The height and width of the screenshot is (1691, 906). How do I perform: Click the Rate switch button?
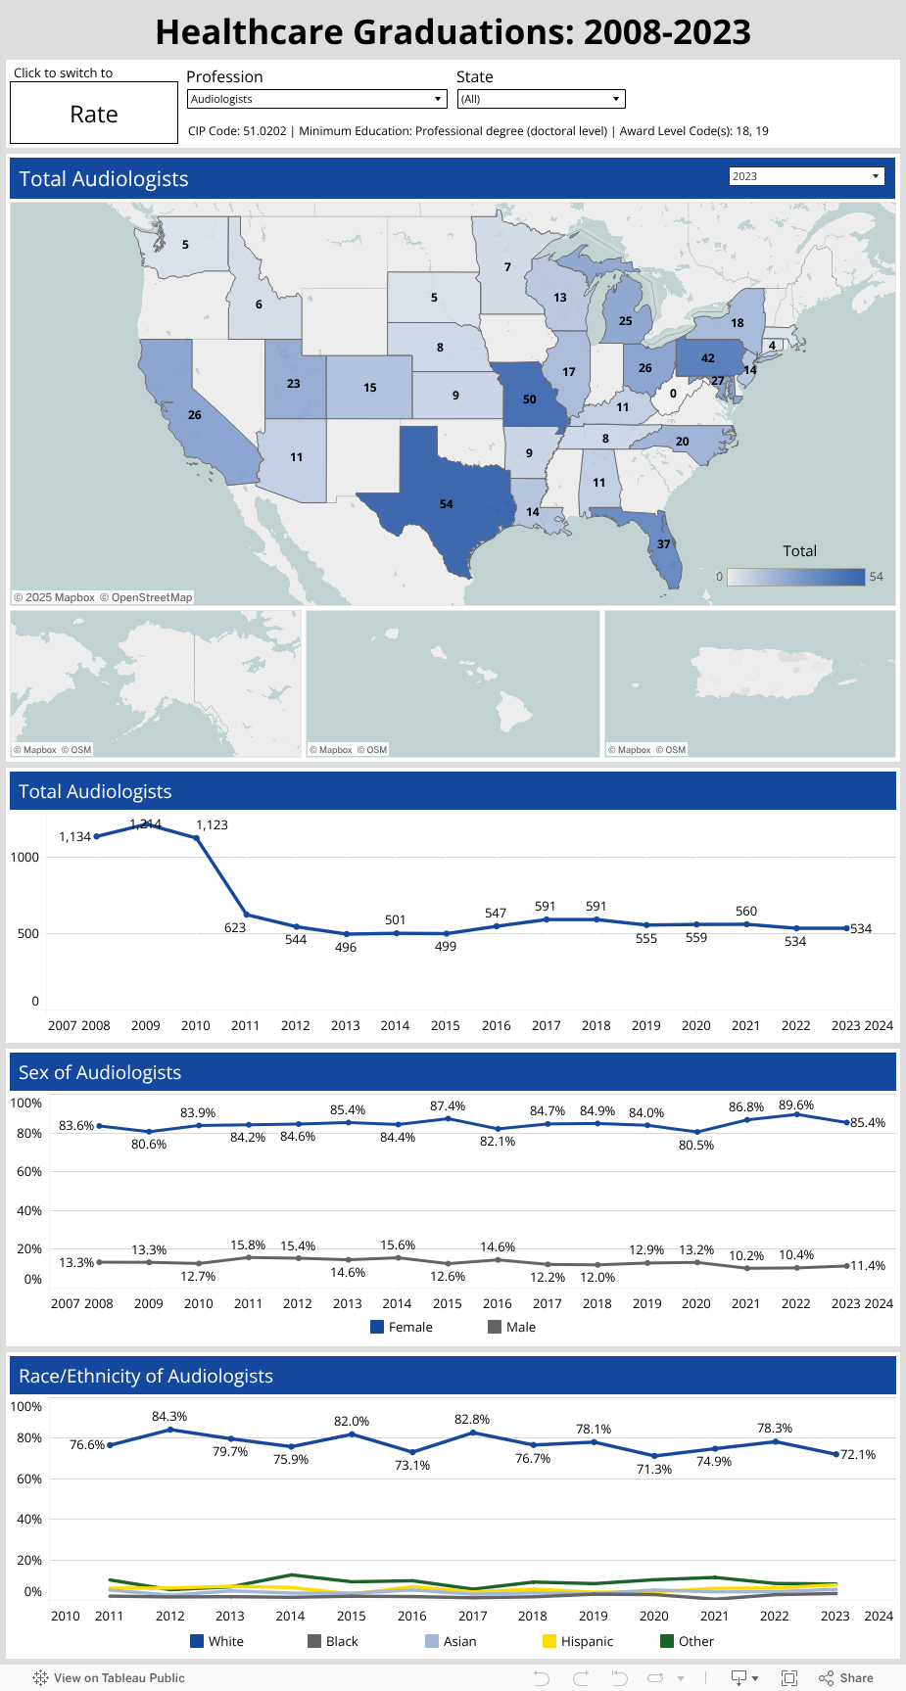pyautogui.click(x=94, y=114)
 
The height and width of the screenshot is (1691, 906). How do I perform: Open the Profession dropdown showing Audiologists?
pyautogui.click(x=316, y=99)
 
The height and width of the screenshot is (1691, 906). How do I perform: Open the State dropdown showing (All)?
pyautogui.click(x=541, y=99)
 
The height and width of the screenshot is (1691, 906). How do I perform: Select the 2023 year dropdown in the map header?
pyautogui.click(x=806, y=176)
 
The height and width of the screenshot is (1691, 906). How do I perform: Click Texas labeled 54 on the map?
pyautogui.click(x=447, y=504)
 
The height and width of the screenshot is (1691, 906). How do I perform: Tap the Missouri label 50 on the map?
pyautogui.click(x=529, y=399)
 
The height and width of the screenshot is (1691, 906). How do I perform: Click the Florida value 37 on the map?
pyautogui.click(x=664, y=544)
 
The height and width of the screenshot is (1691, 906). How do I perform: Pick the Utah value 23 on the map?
pyautogui.click(x=294, y=384)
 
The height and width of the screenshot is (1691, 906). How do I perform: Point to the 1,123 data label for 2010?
pyautogui.click(x=212, y=825)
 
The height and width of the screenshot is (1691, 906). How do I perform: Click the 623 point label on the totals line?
pyautogui.click(x=235, y=927)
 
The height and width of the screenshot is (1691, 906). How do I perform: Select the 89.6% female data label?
pyautogui.click(x=796, y=1105)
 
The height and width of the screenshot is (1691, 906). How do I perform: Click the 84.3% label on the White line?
pyautogui.click(x=169, y=1417)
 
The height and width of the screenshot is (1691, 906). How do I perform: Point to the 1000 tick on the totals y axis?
pyautogui.click(x=25, y=857)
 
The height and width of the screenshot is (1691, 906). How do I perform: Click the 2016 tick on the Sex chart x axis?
pyautogui.click(x=498, y=1303)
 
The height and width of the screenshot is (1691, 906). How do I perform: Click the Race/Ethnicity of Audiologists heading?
pyautogui.click(x=146, y=1376)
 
